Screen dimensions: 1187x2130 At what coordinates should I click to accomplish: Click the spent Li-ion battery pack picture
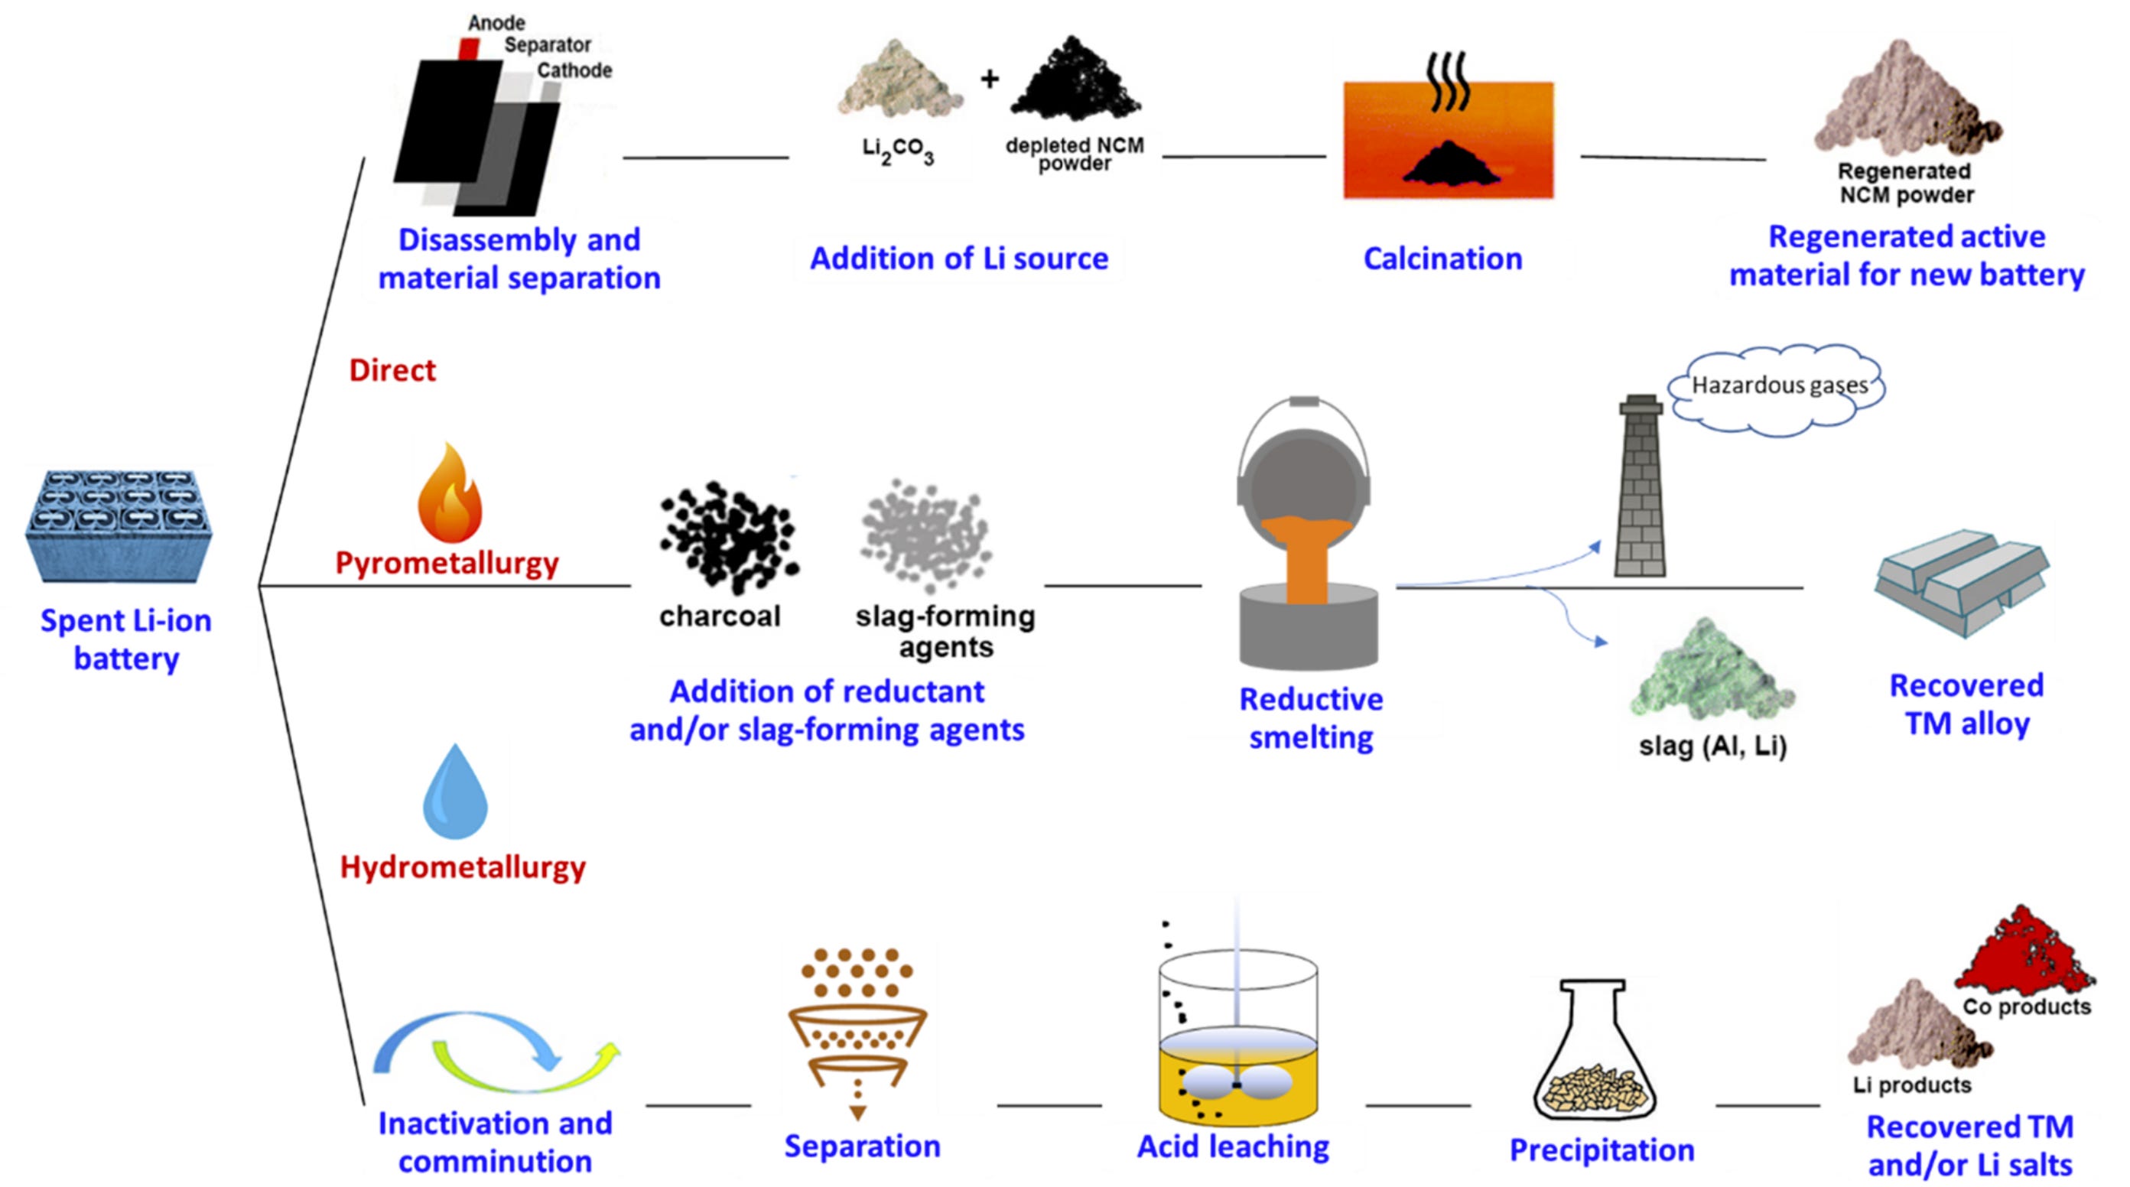pyautogui.click(x=119, y=525)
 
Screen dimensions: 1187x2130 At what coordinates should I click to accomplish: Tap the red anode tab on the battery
pyautogui.click(x=469, y=50)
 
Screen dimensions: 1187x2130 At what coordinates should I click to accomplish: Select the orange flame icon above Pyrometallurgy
pyautogui.click(x=449, y=494)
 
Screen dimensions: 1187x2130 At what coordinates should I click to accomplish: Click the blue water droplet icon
pyautogui.click(x=455, y=794)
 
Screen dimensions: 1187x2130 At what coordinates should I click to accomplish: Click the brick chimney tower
pyautogui.click(x=1641, y=488)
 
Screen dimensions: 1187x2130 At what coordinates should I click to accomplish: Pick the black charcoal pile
pyautogui.click(x=727, y=538)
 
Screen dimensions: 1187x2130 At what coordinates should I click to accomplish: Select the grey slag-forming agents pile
pyautogui.click(x=926, y=534)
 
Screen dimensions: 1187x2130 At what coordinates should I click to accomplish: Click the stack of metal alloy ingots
pyautogui.click(x=1960, y=584)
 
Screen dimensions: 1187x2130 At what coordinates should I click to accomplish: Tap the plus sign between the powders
pyautogui.click(x=989, y=80)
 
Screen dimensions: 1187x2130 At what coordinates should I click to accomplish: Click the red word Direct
pyautogui.click(x=392, y=370)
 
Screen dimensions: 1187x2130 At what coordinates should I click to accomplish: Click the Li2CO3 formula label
pyautogui.click(x=898, y=151)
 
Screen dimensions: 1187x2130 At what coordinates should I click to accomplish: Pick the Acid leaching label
pyautogui.click(x=1233, y=1146)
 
